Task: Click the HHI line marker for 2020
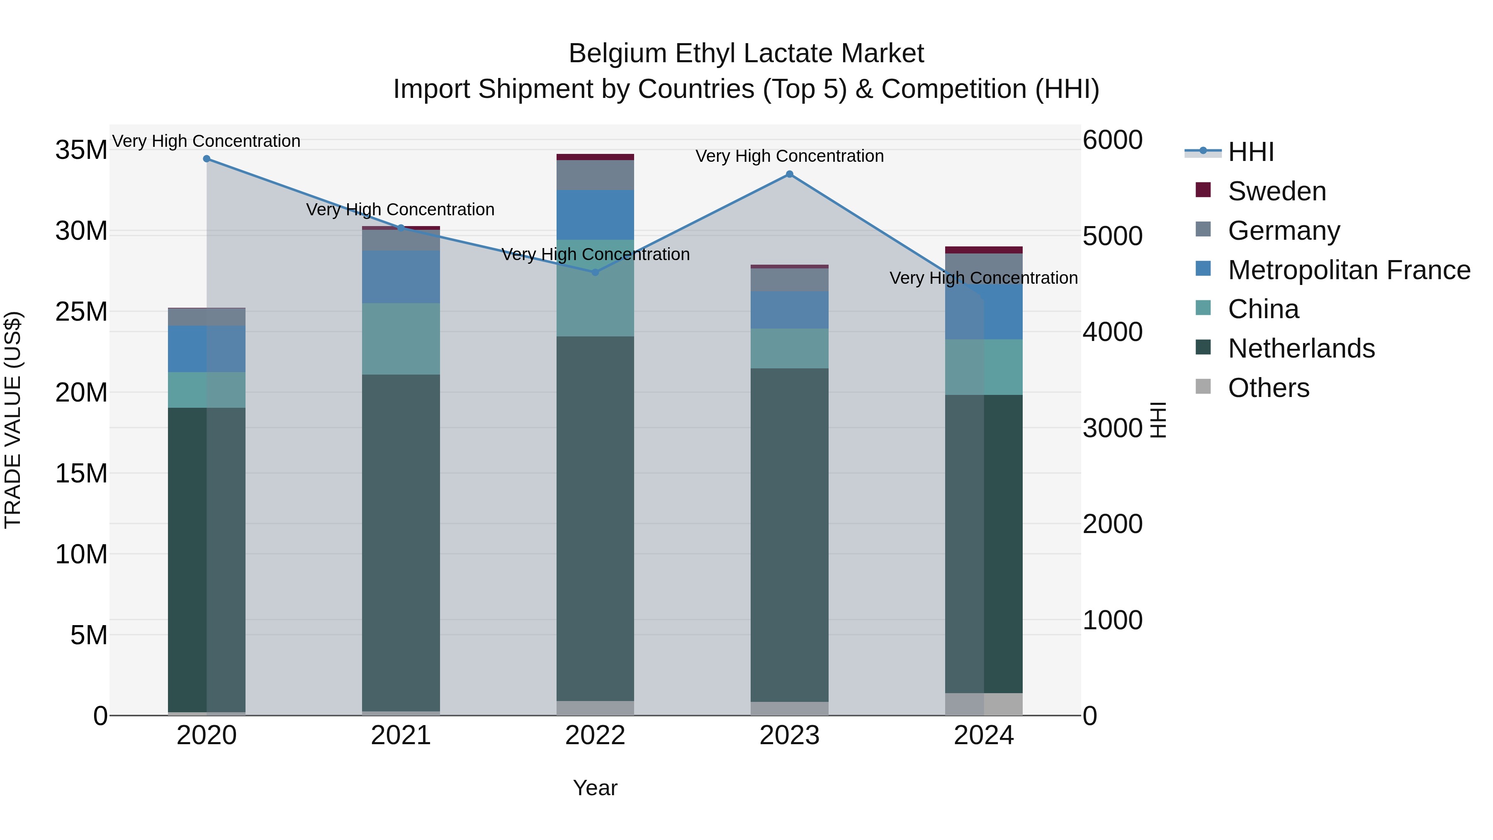(x=207, y=159)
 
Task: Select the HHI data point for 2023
(x=789, y=174)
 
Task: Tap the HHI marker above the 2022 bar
(x=595, y=272)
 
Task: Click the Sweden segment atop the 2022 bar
(x=595, y=157)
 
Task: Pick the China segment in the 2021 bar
(x=401, y=339)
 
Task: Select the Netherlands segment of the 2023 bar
(x=789, y=533)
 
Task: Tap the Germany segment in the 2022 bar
(x=595, y=175)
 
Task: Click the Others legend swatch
(x=1203, y=387)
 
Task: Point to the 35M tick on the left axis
(x=81, y=150)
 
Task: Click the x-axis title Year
(x=595, y=788)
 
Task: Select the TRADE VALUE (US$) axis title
(x=13, y=420)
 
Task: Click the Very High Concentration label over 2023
(x=789, y=156)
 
